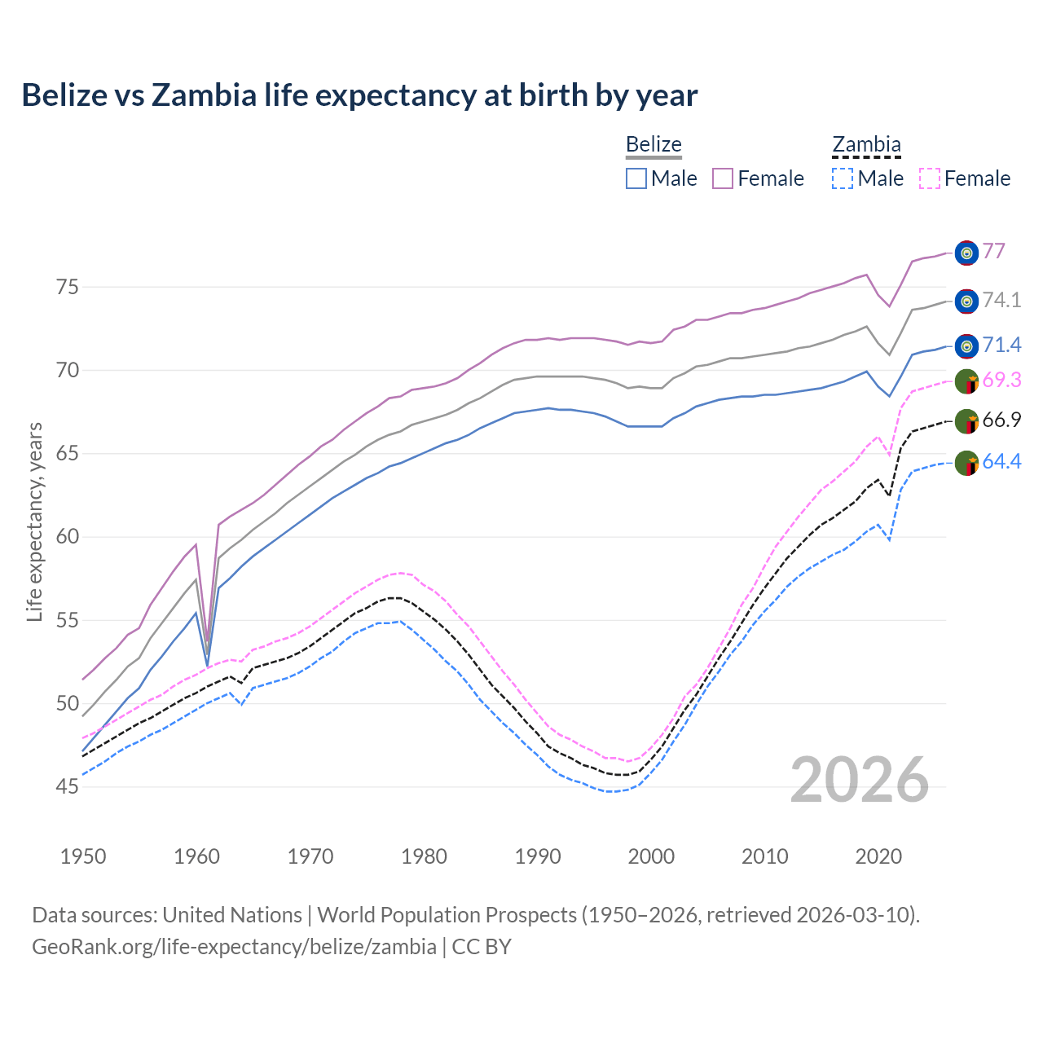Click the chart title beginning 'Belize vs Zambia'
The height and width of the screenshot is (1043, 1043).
pos(359,95)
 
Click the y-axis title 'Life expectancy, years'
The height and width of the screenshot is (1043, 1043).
pos(35,521)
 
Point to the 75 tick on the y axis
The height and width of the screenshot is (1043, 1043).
pos(67,287)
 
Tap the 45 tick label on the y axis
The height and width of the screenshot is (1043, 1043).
pos(67,786)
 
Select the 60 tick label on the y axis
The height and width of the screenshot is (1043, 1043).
pos(67,537)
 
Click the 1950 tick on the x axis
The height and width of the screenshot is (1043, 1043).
pos(83,856)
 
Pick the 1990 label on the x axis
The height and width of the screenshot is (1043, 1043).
pos(538,856)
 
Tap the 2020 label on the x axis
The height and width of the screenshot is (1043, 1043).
pos(878,856)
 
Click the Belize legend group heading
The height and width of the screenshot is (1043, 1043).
pos(654,145)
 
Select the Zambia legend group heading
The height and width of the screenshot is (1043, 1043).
pos(866,145)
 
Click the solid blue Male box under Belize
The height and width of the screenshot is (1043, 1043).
pos(636,178)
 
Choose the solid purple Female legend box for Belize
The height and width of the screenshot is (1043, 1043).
pos(723,178)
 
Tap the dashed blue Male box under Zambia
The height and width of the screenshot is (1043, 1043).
pos(843,178)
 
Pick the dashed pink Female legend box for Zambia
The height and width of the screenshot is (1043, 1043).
pos(930,178)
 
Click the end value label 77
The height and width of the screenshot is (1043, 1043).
pos(993,251)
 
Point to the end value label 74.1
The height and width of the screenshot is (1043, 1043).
pos(1001,300)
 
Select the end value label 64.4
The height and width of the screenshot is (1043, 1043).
pos(1001,462)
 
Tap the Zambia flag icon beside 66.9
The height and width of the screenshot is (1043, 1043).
pos(966,421)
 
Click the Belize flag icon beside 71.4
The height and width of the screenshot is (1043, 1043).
pos(966,345)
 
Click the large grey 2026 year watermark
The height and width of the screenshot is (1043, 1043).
pos(860,780)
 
